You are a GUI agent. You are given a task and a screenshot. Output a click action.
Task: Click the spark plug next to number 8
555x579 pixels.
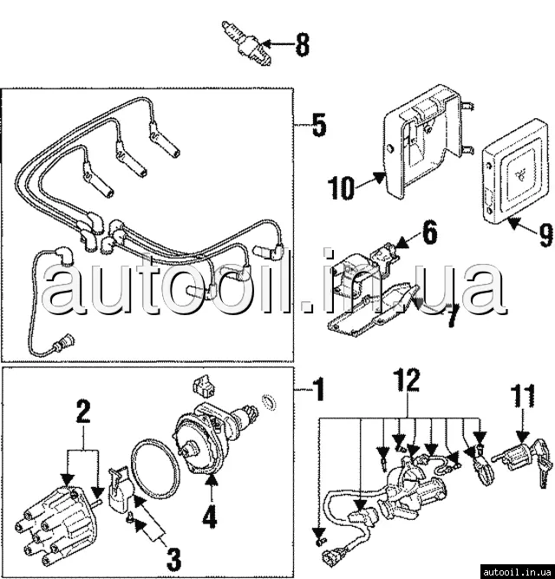click(x=246, y=43)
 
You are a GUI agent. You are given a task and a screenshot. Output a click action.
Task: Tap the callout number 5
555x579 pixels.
click(x=318, y=125)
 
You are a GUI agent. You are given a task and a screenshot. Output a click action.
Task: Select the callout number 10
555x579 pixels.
click(x=341, y=188)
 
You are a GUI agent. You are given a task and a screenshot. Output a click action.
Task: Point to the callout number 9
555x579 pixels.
click(x=545, y=235)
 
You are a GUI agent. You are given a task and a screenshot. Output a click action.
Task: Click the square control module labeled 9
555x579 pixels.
click(x=518, y=172)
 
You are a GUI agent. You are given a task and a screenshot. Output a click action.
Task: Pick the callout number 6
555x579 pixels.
click(x=429, y=232)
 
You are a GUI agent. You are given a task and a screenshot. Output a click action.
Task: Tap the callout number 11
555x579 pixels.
click(x=523, y=396)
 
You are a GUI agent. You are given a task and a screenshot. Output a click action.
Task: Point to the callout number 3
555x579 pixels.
click(x=173, y=559)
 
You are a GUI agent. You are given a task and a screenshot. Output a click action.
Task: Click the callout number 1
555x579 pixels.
click(x=318, y=389)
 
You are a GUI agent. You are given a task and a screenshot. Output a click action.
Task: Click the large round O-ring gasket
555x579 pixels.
click(x=155, y=470)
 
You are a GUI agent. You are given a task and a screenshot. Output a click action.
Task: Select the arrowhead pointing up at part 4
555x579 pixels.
click(x=211, y=481)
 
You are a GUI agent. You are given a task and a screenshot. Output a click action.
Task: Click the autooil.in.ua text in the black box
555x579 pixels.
click(x=517, y=571)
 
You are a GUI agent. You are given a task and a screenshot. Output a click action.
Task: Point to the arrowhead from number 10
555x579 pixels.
click(x=379, y=178)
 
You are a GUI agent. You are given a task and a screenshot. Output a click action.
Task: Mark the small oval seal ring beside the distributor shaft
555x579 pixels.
click(x=269, y=401)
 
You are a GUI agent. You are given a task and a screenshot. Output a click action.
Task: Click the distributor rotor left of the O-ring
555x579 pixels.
click(x=119, y=488)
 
